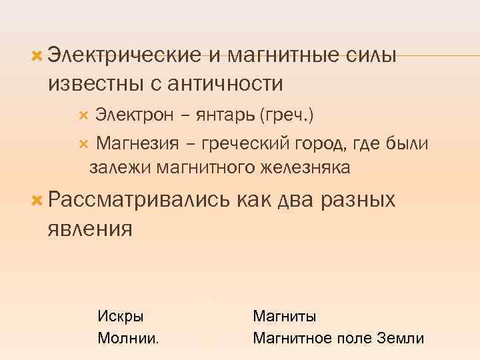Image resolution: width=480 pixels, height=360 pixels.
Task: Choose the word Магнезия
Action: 134,143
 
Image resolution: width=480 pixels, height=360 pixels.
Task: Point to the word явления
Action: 90,228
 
